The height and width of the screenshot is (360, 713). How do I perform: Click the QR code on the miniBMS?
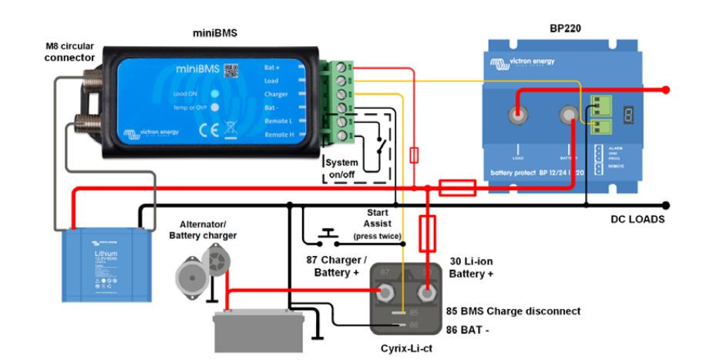(231, 71)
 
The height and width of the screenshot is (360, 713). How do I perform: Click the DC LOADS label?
(637, 219)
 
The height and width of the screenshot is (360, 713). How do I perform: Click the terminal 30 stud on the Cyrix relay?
(425, 292)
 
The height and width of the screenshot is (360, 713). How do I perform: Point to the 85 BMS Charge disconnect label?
(514, 311)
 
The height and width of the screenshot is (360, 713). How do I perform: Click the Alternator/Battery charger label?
(203, 229)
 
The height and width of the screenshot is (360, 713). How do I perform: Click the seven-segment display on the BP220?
(628, 115)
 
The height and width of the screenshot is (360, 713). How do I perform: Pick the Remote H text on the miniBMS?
(278, 135)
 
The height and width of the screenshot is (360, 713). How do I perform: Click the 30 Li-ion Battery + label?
(471, 267)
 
